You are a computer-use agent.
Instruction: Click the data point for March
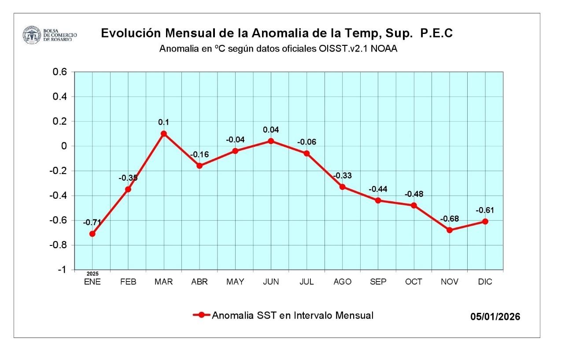click(x=164, y=134)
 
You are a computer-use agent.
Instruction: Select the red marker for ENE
click(x=92, y=234)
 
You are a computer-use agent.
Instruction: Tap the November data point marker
click(x=450, y=230)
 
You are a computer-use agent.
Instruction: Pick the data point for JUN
click(x=271, y=141)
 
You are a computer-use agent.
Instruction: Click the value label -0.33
click(x=342, y=176)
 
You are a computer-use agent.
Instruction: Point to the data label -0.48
click(x=413, y=194)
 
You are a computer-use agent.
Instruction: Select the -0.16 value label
click(x=199, y=155)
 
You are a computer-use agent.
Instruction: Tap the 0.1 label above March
click(x=164, y=122)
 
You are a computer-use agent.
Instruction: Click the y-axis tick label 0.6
click(x=59, y=72)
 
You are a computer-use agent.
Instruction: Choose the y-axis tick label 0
click(x=63, y=146)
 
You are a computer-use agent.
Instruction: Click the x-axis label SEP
click(x=378, y=282)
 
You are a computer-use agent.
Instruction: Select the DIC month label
click(x=485, y=282)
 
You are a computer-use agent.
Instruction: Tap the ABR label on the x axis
click(x=199, y=282)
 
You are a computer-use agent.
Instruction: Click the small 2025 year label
click(x=92, y=274)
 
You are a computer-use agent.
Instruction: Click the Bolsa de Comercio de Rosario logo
click(x=31, y=35)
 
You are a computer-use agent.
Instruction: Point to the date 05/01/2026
click(x=495, y=317)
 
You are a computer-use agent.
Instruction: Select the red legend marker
click(x=201, y=315)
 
